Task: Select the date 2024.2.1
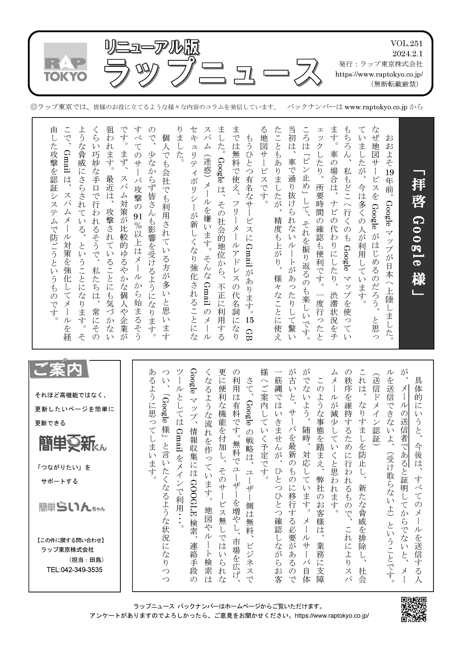click(407, 54)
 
